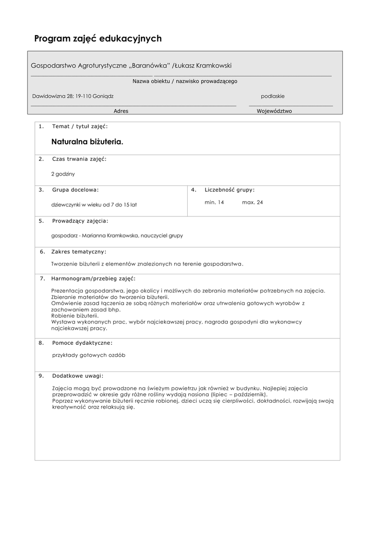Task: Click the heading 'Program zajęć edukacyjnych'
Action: point(98,39)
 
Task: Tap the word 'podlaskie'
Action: point(273,96)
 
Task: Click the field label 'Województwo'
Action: point(274,111)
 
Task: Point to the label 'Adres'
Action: point(121,111)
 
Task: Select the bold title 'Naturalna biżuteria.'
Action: point(88,142)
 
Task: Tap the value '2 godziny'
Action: point(63,173)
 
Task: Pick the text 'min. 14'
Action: point(214,202)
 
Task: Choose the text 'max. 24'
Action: point(252,202)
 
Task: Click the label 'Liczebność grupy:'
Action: point(230,190)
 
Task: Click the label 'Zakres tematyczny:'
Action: point(79,251)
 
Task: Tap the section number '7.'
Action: point(42,278)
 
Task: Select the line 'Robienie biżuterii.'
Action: point(75,316)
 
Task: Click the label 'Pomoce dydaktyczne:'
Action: point(82,343)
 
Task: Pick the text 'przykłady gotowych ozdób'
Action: point(89,355)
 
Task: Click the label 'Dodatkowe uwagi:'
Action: point(78,376)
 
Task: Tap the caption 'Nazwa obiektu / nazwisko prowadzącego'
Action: point(185,81)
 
